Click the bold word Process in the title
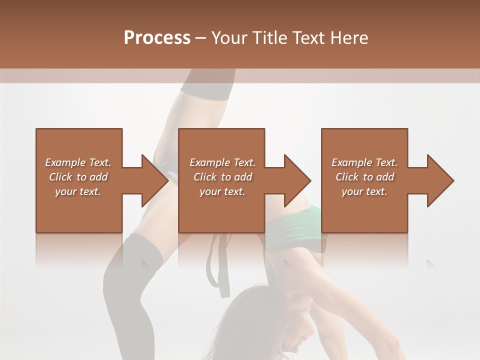[157, 38]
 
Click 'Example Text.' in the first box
[78, 162]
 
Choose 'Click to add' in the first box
[78, 177]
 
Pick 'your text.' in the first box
[78, 191]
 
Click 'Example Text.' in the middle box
[222, 162]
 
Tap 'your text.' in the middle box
[222, 191]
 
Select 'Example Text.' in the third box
[364, 162]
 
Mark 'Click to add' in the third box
[364, 177]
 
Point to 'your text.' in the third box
[364, 191]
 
